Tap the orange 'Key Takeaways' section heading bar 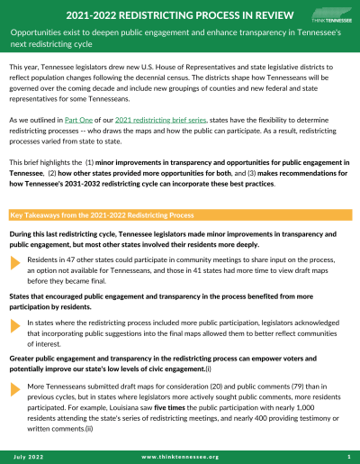pos(179,215)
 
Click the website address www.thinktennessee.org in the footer pos(179,457)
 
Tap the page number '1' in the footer pos(347,457)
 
